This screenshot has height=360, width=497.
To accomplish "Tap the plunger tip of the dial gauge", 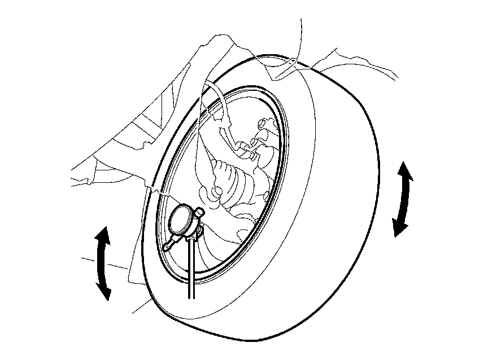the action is click(x=165, y=248).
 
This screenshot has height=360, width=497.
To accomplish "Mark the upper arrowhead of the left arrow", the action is click(x=102, y=234).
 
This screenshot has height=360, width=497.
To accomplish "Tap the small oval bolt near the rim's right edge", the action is click(x=265, y=196).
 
